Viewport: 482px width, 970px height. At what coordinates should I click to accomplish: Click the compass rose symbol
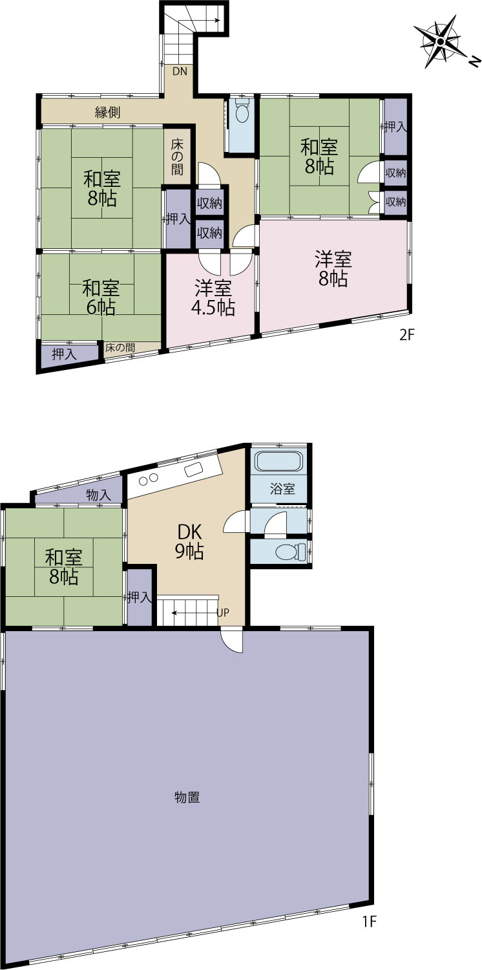pos(440,41)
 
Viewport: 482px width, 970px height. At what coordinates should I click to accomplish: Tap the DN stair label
pos(180,71)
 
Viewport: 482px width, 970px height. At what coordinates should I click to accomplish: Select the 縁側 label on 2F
pos(108,113)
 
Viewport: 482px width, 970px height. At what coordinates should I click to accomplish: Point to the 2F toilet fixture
pos(242,111)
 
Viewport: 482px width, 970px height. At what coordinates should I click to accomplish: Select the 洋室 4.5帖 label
pos(213,298)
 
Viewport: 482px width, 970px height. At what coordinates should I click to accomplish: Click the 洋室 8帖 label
pos(333,269)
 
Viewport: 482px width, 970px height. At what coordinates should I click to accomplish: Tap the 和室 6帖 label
pos(101,297)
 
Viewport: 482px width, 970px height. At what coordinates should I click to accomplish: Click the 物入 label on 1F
pos(99,495)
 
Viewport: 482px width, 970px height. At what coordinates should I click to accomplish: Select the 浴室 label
pos(282,489)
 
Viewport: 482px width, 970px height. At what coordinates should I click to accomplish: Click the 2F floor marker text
pos(406,335)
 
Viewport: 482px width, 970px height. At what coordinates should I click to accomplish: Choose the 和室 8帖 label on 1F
pos(63,567)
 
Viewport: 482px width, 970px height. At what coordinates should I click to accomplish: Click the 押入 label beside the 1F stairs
pos(140,598)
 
